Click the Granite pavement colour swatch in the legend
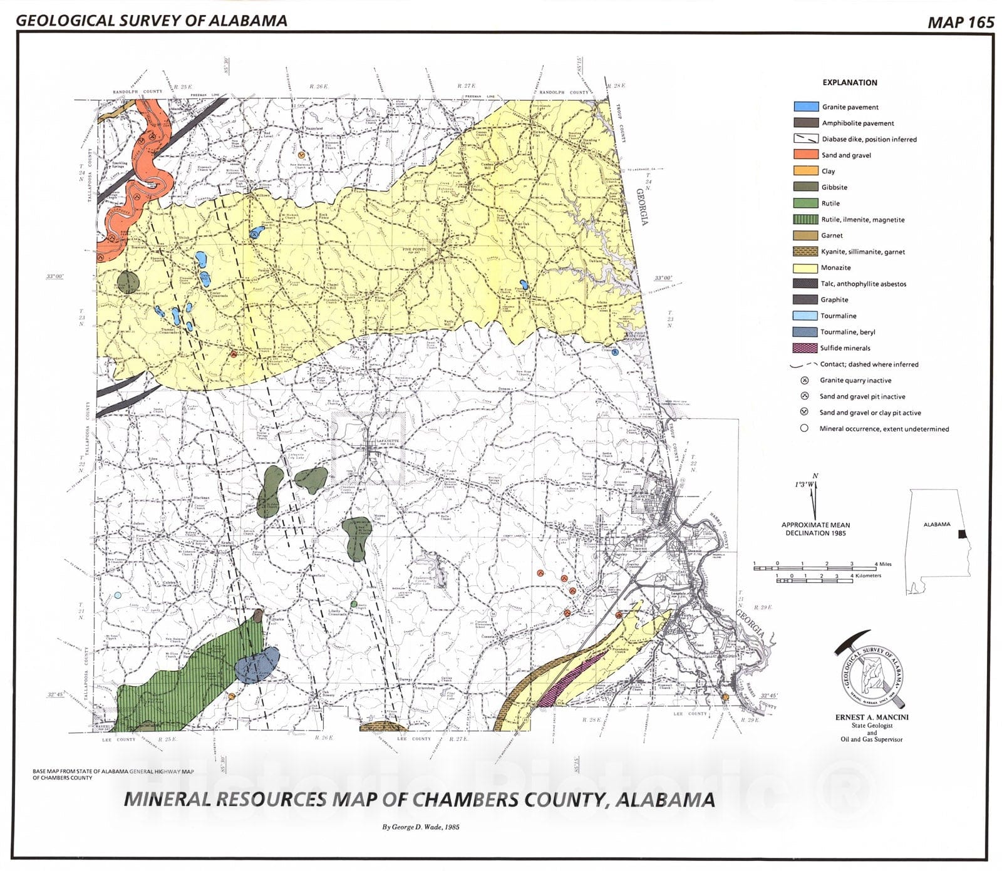(x=805, y=107)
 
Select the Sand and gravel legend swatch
(x=805, y=155)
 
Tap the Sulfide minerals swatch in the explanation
(x=805, y=348)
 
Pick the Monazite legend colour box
(x=805, y=268)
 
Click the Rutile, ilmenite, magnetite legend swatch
(x=805, y=219)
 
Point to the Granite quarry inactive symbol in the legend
(x=805, y=381)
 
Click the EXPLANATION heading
(x=849, y=83)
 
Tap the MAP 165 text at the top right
(x=961, y=23)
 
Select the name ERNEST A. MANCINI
(x=871, y=717)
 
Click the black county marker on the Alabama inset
(x=962, y=534)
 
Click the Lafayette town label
(x=383, y=441)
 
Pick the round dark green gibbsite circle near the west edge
(x=127, y=281)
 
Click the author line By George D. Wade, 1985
(x=421, y=827)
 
